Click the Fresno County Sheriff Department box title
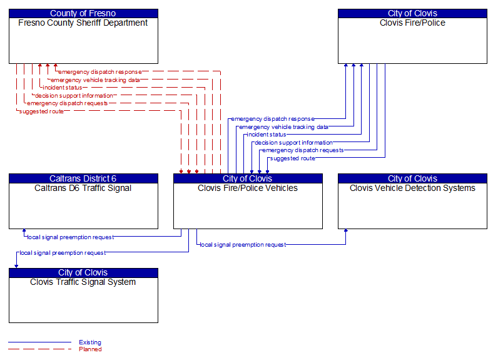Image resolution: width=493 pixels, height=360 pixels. [x=83, y=23]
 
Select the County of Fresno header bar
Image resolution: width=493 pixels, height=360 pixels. [x=83, y=13]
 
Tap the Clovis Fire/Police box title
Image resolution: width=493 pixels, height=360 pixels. [x=412, y=23]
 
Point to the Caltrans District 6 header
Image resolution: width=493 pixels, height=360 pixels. [x=83, y=178]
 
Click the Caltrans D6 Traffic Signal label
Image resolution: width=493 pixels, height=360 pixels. [x=83, y=188]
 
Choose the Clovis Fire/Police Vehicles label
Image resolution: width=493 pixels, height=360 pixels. [x=248, y=188]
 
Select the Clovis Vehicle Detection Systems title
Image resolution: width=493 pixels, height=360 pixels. [x=412, y=188]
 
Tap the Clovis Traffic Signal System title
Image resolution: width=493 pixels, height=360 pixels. [x=83, y=282]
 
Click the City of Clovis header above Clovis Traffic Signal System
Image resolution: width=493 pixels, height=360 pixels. [x=83, y=272]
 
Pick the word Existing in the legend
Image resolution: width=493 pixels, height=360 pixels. [x=90, y=342]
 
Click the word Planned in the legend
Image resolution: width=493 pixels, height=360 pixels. [x=90, y=349]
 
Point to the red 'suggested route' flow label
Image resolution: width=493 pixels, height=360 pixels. [x=41, y=111]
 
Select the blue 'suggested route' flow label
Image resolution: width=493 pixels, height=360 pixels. [x=292, y=158]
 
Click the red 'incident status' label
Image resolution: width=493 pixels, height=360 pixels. [x=62, y=88]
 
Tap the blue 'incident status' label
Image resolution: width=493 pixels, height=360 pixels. [x=267, y=135]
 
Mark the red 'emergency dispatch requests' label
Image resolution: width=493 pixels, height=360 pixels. [x=67, y=103]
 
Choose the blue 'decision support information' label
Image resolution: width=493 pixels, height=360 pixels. [x=294, y=143]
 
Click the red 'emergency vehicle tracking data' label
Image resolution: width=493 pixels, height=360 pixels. [x=95, y=80]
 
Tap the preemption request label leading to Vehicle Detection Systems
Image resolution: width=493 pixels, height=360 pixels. [x=243, y=245]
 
